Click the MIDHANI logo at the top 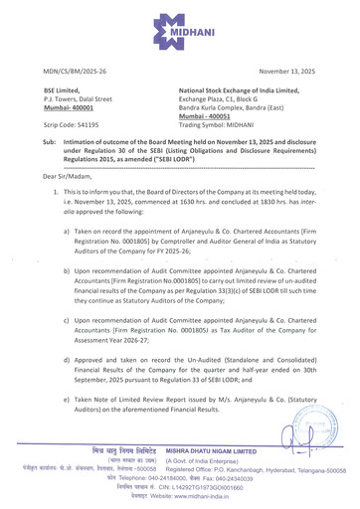pyautogui.click(x=179, y=27)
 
